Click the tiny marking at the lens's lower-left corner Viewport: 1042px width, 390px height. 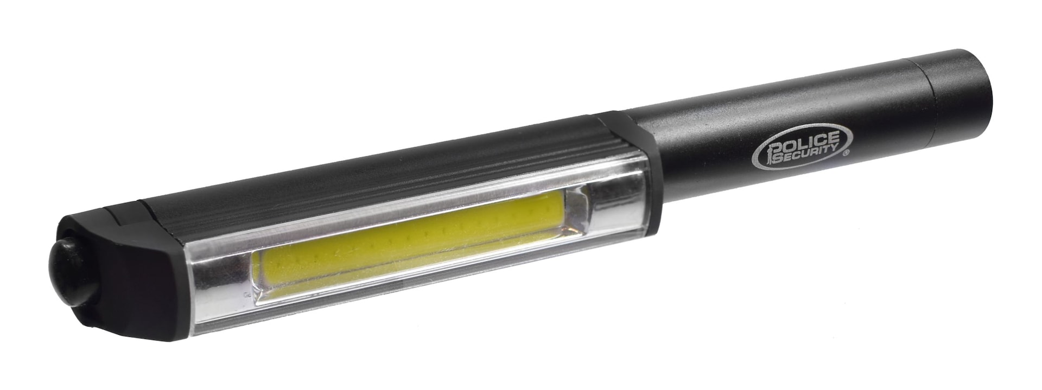pos(247,296)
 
